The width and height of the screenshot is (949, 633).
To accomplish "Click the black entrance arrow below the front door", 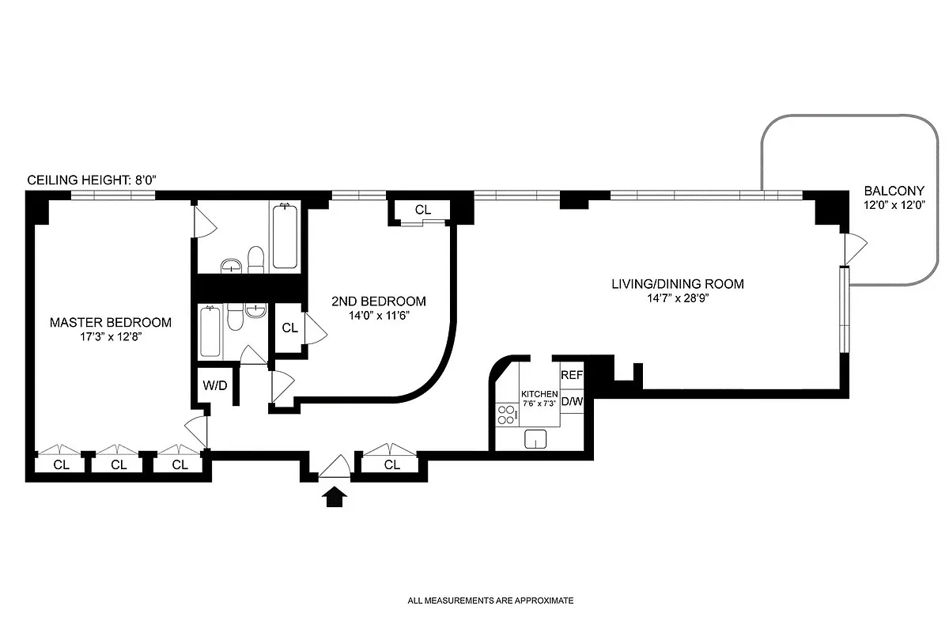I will [336, 497].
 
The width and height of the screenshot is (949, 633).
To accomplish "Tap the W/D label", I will [215, 387].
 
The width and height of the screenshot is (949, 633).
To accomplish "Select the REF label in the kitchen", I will [571, 375].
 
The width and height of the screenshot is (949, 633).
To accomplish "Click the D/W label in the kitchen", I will [571, 401].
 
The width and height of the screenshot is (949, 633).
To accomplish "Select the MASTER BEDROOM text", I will [110, 322].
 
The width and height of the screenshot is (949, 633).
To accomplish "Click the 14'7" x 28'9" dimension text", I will [678, 298].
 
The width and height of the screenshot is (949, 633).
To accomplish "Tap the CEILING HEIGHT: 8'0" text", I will [93, 180].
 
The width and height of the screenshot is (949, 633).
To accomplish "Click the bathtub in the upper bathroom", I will [285, 237].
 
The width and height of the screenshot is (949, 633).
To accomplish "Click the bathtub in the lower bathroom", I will [210, 333].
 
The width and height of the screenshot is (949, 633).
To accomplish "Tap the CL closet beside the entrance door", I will [391, 465].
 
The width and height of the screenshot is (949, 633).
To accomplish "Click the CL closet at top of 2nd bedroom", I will [423, 210].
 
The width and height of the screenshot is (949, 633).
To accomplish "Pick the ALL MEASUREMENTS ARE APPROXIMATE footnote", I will [490, 601].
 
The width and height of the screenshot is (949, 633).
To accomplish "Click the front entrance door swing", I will [335, 468].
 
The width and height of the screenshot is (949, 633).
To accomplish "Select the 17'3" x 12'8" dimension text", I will [110, 336].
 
